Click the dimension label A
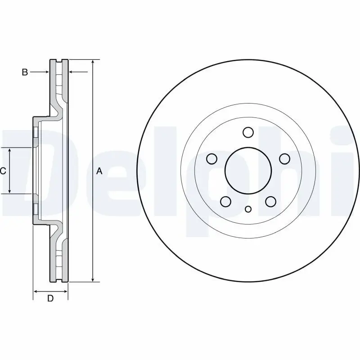coord(100,171)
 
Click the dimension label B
coord(25,72)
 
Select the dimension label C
coord(3,171)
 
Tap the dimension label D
coord(50,298)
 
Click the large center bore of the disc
coord(248,171)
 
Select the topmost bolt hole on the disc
coord(248,132)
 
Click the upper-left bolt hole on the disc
coord(211,159)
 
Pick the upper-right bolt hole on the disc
coord(284,159)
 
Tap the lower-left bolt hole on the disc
coord(225,201)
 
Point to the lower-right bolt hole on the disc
coord(270,201)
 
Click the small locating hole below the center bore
coord(248,209)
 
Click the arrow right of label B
coord(45,72)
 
